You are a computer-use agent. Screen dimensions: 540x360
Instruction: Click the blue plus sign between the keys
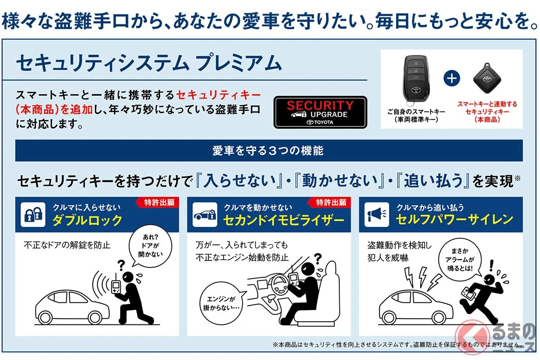click(451, 78)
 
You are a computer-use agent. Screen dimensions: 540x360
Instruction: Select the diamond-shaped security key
click(487, 78)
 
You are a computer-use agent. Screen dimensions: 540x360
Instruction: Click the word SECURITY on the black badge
click(320, 105)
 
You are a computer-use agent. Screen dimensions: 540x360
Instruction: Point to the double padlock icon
click(33, 214)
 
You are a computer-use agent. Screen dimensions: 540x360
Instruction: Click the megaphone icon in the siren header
click(377, 214)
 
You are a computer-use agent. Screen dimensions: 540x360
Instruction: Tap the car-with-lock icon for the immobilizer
click(205, 214)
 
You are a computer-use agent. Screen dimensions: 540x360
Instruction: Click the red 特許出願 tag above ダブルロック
click(157, 202)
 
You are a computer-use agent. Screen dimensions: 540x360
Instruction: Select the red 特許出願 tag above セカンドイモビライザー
click(329, 202)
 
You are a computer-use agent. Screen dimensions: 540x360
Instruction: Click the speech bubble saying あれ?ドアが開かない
click(150, 246)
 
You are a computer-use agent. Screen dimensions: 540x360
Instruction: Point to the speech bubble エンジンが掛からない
click(221, 303)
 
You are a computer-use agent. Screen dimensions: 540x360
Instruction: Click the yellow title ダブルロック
click(87, 220)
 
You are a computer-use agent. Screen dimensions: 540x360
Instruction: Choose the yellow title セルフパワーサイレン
click(454, 220)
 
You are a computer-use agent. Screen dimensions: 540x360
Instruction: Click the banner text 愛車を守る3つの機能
click(268, 150)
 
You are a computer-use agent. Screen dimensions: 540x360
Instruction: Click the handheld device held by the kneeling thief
click(116, 286)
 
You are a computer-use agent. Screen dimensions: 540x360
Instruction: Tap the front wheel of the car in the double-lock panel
click(95, 318)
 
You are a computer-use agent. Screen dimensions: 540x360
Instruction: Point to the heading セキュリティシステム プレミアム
click(149, 63)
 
